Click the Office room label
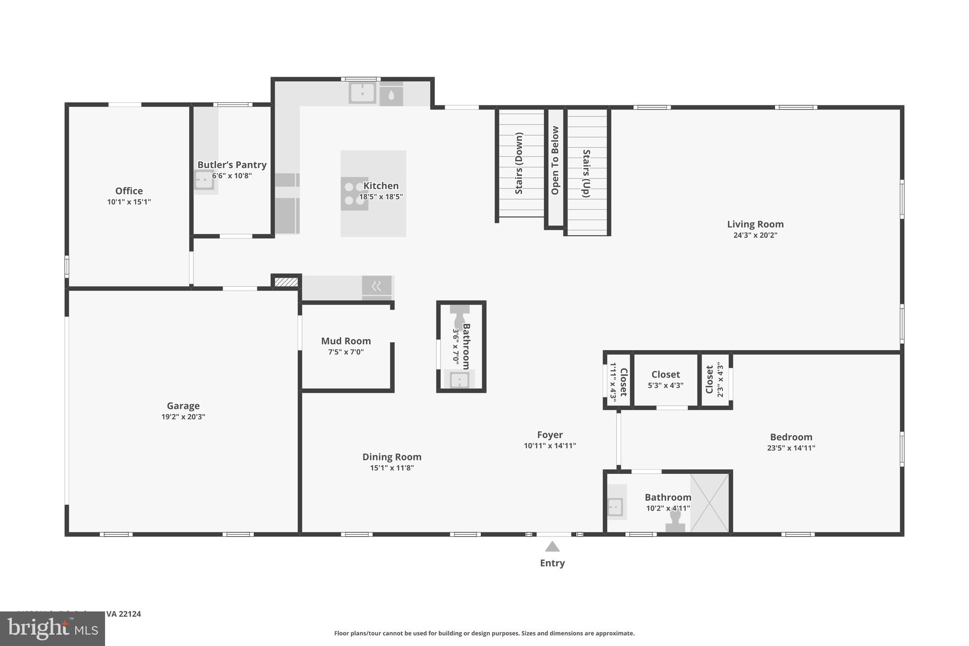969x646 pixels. [x=129, y=191]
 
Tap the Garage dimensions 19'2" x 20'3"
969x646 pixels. [x=183, y=417]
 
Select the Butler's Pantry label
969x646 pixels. [x=232, y=165]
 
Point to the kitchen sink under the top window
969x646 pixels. [x=362, y=93]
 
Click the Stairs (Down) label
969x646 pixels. [x=519, y=163]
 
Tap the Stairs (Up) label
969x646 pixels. [x=586, y=173]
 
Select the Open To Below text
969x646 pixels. [x=555, y=160]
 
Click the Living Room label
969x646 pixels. [x=755, y=224]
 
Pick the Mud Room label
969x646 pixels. [x=346, y=341]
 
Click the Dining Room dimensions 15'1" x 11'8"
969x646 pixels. [x=392, y=468]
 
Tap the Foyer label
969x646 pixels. [x=550, y=434]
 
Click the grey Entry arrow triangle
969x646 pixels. [x=552, y=547]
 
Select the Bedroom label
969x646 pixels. [x=791, y=437]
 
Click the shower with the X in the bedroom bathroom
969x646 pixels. [x=709, y=503]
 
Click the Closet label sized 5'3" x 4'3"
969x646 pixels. [x=665, y=374]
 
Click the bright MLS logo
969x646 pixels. [x=52, y=628]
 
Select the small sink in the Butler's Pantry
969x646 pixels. [x=204, y=180]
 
